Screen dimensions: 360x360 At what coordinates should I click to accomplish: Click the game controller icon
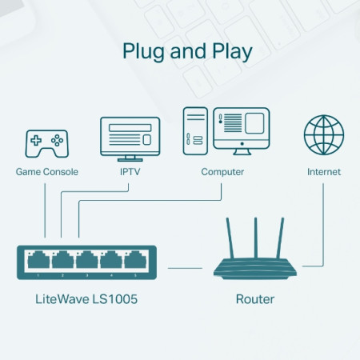pos(45,142)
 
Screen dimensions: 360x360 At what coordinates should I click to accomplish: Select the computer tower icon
pos(197,131)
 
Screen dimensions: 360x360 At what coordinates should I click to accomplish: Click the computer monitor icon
pos(243,130)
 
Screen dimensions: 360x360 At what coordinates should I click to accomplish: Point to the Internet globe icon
pos(323,136)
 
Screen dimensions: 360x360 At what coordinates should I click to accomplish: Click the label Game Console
pos(45,172)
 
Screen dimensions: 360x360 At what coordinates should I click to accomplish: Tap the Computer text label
pos(222,172)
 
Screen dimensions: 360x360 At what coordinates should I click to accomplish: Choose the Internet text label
pos(323,172)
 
